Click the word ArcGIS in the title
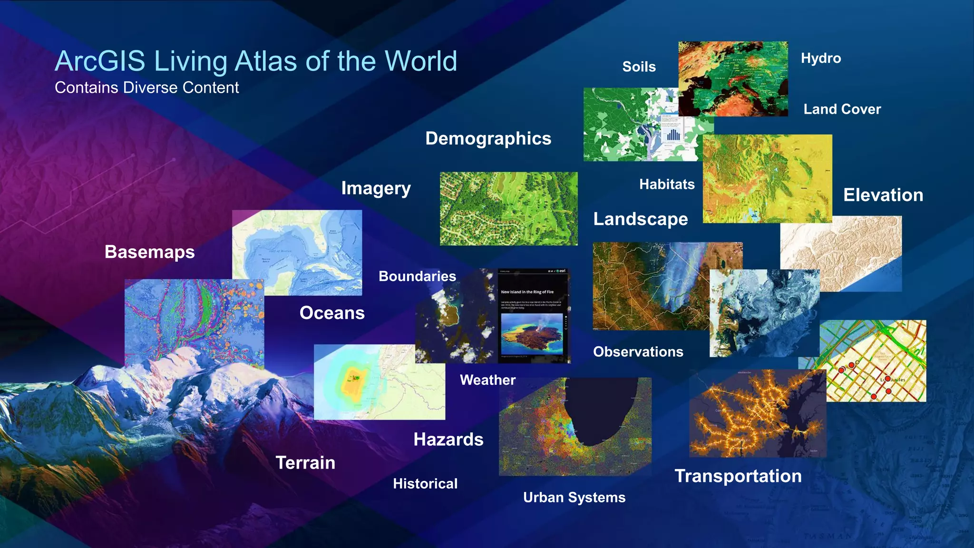coord(100,61)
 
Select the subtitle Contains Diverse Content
coord(146,88)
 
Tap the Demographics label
coord(488,138)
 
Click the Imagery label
coord(376,189)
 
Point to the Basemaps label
coord(149,252)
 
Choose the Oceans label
coord(332,313)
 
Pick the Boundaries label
coord(417,276)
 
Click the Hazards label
coord(448,440)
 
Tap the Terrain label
coord(305,463)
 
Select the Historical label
coord(425,484)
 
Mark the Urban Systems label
coord(574,498)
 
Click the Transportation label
coord(738,476)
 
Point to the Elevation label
coord(883,195)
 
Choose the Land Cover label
coord(842,109)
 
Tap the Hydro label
coord(820,59)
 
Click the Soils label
coord(639,67)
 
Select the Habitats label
coord(666,185)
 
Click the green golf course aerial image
coord(508,209)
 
